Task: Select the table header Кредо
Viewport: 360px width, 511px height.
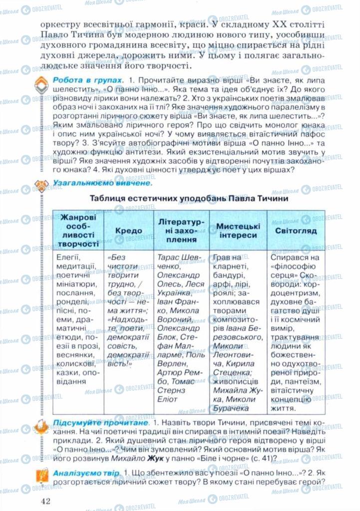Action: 128,231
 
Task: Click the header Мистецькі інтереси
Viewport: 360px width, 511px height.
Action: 237,231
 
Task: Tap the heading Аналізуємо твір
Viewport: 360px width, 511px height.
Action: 86,472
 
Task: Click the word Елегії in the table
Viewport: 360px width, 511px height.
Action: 69,257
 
